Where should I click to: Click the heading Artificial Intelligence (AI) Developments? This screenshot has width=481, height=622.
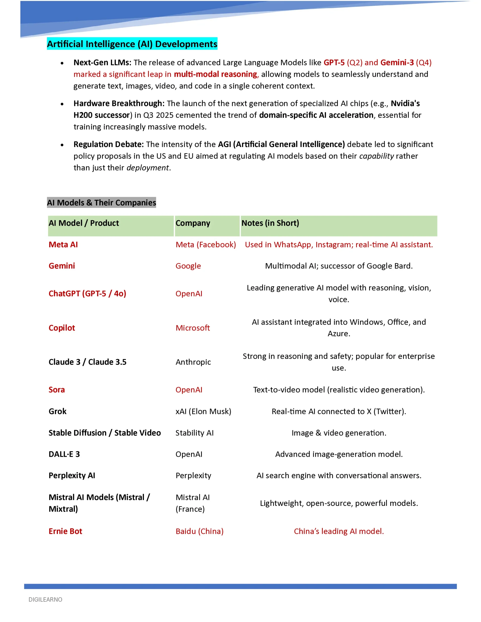point(132,44)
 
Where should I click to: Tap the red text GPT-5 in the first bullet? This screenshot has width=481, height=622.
point(334,62)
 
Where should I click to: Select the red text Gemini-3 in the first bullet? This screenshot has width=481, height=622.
point(397,62)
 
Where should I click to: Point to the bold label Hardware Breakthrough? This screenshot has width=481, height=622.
point(119,103)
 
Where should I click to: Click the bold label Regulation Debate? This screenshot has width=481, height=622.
point(108,144)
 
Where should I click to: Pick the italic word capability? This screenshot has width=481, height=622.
point(376,156)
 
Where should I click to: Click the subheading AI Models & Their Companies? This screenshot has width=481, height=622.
point(101,202)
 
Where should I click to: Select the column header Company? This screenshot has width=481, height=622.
point(193,223)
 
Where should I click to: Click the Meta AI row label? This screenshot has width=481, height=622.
point(63,245)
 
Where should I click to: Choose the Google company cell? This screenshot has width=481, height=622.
point(188,266)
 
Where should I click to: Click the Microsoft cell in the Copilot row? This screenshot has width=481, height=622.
point(193,328)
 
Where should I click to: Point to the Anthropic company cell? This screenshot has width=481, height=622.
point(193,362)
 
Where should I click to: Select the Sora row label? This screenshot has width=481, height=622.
point(57,390)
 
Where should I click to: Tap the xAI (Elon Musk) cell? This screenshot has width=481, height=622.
point(203,411)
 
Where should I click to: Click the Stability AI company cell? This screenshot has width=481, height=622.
point(195,433)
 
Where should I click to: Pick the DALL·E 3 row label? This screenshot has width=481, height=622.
point(64,454)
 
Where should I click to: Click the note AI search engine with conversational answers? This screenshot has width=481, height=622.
point(339,476)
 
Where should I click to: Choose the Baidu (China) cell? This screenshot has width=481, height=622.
point(200,531)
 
